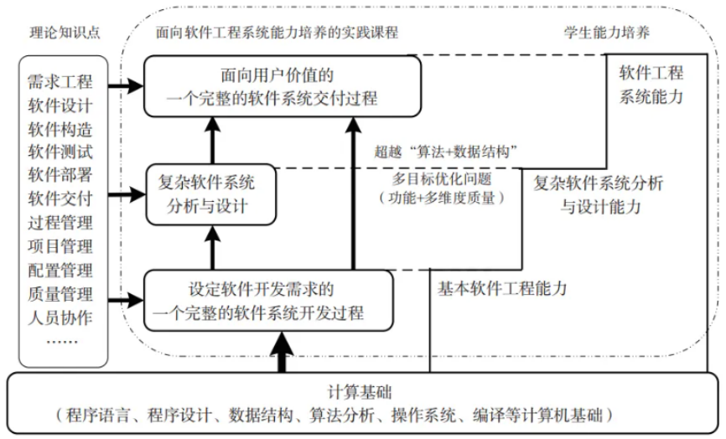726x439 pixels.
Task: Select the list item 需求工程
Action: pyautogui.click(x=61, y=82)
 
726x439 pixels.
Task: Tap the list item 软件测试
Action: pyautogui.click(x=61, y=152)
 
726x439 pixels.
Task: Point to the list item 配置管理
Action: pyautogui.click(x=61, y=271)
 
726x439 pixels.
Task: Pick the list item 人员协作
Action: pyautogui.click(x=61, y=318)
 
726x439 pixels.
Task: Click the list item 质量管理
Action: pyautogui.click(x=61, y=294)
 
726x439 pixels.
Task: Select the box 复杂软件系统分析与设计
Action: pyautogui.click(x=210, y=194)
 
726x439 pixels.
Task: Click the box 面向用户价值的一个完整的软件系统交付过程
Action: pyautogui.click(x=281, y=87)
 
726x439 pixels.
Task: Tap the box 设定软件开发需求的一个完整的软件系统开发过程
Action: pyautogui.click(x=268, y=302)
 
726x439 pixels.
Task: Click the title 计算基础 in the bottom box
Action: pyautogui.click(x=360, y=392)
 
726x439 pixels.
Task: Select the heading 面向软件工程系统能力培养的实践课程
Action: pyautogui.click(x=277, y=33)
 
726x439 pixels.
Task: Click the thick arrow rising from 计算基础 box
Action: pyautogui.click(x=282, y=352)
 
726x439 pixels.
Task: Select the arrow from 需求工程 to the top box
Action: pyautogui.click(x=125, y=85)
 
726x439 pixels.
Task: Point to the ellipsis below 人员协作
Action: pyautogui.click(x=61, y=341)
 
